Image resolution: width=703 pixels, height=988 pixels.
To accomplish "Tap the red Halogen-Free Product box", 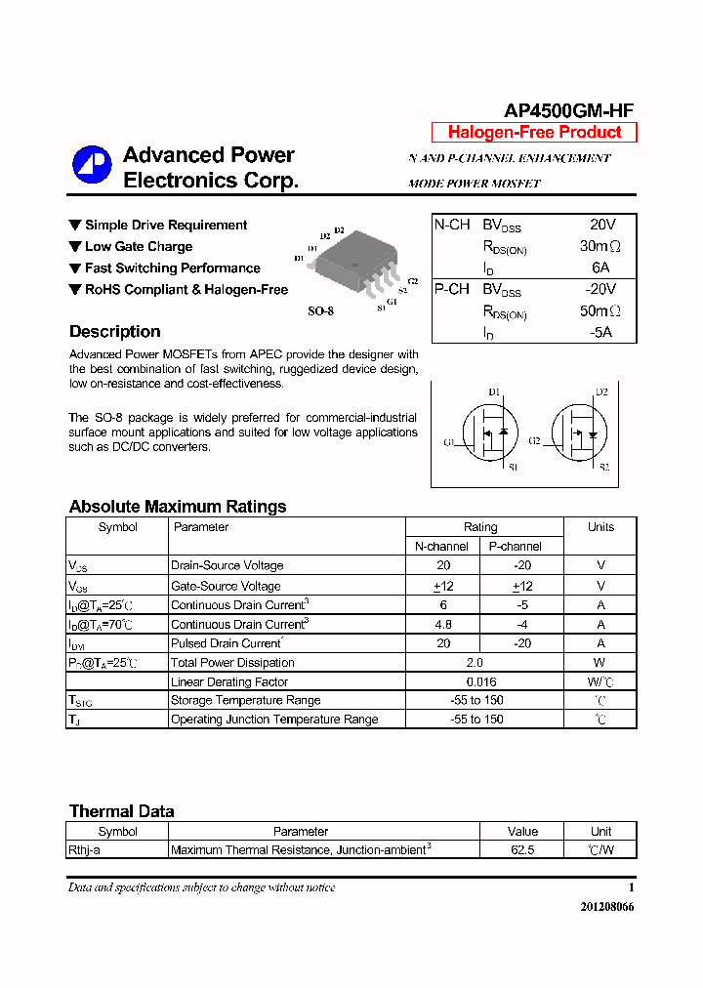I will [534, 133].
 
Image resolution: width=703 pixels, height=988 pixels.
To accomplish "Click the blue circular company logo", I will [92, 166].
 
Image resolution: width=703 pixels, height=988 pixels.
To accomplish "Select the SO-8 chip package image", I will [355, 261].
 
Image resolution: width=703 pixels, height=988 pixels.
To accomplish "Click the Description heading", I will [114, 332].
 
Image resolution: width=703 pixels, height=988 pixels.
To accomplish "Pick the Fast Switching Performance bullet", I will [172, 268].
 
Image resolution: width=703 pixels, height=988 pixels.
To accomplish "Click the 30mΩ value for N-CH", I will [600, 246].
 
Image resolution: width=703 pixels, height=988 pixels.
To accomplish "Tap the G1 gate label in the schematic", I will [449, 443].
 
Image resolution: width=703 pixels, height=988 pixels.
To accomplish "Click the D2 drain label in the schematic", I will [601, 391].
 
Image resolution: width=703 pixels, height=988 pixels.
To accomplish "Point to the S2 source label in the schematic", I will [603, 468].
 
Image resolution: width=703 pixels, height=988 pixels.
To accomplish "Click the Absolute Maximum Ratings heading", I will [178, 507].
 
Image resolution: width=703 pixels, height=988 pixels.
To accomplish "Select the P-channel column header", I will [515, 547].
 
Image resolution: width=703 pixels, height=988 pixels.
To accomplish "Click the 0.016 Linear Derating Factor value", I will [480, 681].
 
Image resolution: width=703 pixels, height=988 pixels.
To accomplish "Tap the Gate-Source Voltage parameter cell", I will [226, 586].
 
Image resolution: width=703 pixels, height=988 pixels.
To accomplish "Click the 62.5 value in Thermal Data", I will [522, 850].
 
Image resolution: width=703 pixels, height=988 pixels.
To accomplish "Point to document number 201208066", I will [606, 907].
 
